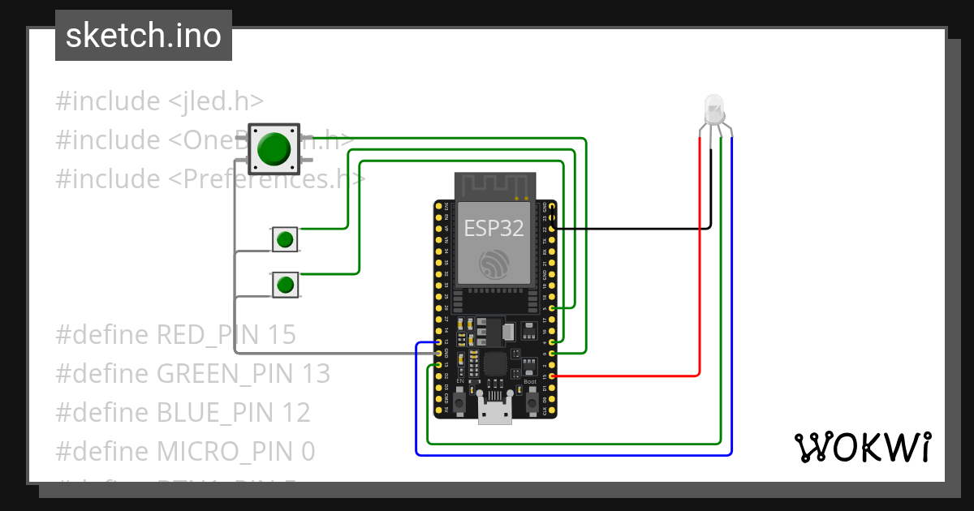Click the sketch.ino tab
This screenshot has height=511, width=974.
coord(144,36)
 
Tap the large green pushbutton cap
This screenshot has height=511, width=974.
coord(274,148)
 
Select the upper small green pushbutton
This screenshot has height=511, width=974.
coord(284,239)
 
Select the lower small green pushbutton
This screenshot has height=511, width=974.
coord(284,285)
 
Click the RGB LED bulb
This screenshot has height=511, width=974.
coord(713,109)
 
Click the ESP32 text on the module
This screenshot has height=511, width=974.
coord(493,228)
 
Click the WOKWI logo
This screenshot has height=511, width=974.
coord(862,447)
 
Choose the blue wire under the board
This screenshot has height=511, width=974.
coord(568,455)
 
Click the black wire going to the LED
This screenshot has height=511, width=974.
coord(633,229)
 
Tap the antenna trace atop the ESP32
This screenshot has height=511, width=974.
coord(493,186)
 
